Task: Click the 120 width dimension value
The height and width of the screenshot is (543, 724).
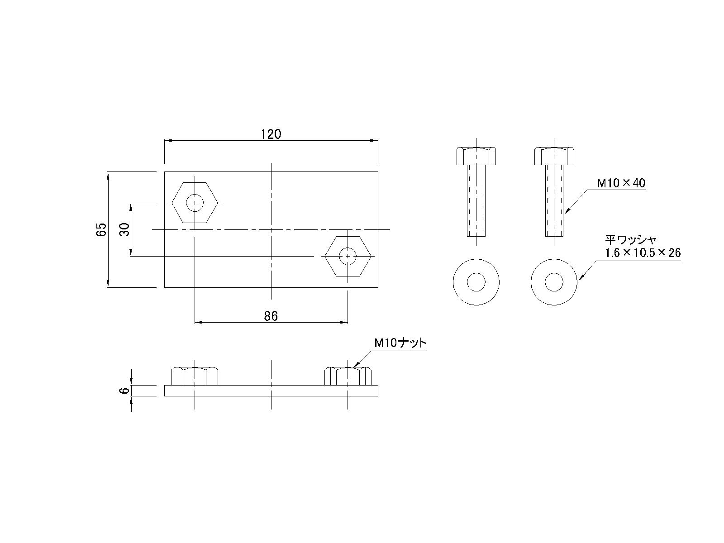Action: click(x=271, y=134)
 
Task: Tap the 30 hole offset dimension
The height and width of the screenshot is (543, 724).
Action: click(x=125, y=229)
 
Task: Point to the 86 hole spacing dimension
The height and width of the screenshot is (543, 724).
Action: click(x=271, y=316)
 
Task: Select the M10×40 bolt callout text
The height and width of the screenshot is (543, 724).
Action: click(x=621, y=183)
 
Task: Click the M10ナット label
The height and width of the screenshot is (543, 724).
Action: click(x=400, y=343)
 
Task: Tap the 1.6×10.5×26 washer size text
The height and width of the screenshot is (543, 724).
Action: click(x=643, y=253)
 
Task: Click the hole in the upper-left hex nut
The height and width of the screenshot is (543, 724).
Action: click(x=195, y=203)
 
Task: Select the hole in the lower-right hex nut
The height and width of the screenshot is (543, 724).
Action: click(x=348, y=256)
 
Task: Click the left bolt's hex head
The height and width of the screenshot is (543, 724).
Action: click(x=476, y=156)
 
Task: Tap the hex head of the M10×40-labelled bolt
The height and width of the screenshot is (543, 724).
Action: click(x=554, y=156)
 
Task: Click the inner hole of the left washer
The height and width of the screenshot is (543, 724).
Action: click(x=476, y=283)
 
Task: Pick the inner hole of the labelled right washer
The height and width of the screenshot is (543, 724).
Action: click(x=554, y=283)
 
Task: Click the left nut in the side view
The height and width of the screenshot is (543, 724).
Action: click(x=195, y=376)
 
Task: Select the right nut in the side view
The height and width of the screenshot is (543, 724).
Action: click(x=348, y=376)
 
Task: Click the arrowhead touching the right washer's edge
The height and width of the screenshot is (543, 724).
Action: click(x=581, y=278)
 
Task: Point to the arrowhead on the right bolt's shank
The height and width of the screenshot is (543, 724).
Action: click(x=567, y=210)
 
